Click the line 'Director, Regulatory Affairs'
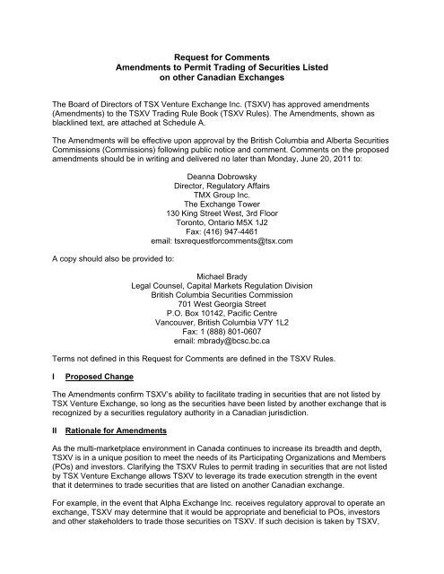[221, 188]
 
